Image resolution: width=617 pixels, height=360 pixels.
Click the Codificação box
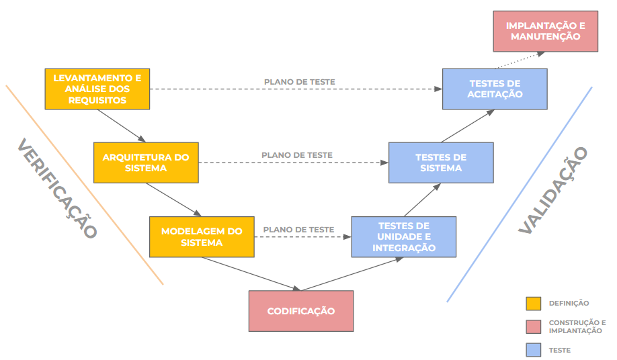300,311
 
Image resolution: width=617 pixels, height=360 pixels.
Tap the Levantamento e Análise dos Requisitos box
97,89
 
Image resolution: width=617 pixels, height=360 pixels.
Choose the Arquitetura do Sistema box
146,163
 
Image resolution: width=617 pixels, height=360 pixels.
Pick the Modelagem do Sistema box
202,236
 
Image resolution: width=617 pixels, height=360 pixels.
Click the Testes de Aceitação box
495,89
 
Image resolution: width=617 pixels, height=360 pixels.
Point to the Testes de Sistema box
441,163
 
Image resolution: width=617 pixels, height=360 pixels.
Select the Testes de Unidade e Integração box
403,236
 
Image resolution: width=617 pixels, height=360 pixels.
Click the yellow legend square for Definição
533,304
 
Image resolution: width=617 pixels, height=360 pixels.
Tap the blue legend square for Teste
533,350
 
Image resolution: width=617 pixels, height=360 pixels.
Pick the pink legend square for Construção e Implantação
533,326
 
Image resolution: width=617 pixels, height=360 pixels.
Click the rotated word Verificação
57,189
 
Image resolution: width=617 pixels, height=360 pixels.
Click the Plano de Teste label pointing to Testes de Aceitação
299,82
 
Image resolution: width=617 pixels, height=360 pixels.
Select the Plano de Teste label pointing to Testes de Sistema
297,155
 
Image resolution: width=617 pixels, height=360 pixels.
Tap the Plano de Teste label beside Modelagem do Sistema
298,230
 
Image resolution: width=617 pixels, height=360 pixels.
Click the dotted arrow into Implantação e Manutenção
518,60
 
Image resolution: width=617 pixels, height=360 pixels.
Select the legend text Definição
569,304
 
